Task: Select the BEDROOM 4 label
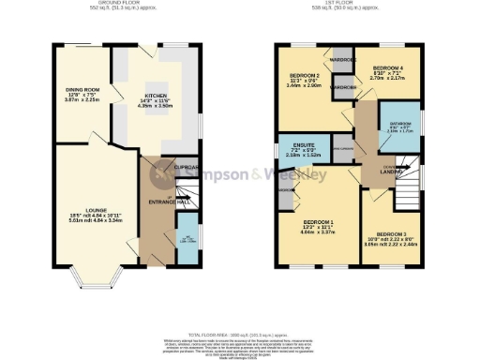coord(388,68)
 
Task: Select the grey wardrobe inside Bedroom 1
coord(284,196)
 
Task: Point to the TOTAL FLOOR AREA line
coord(239,334)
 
